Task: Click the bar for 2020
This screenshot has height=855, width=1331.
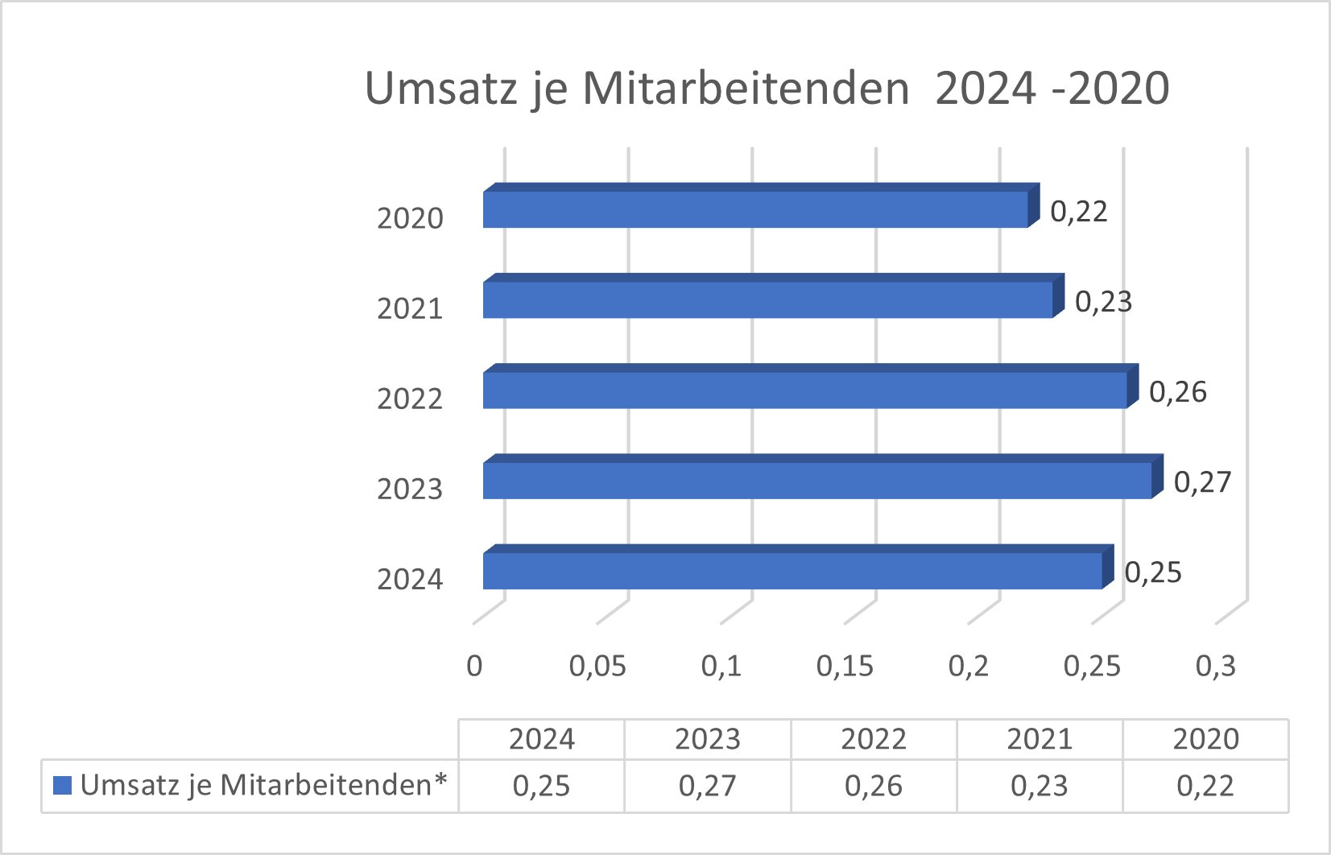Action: (755, 209)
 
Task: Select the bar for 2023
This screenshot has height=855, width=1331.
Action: (817, 481)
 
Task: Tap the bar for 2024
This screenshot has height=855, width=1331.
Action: (792, 571)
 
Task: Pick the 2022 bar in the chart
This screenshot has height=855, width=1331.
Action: (804, 390)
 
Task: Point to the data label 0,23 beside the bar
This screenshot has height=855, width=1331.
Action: (1103, 302)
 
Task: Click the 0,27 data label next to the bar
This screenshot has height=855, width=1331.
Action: (1202, 482)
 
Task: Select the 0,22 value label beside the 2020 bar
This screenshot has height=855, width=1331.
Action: (1079, 212)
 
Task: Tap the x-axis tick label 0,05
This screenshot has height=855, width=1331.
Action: (597, 666)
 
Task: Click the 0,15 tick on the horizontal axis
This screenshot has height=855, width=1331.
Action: (845, 666)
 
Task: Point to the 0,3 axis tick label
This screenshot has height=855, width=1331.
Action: (1215, 666)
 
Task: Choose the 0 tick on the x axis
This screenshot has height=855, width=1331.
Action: (474, 666)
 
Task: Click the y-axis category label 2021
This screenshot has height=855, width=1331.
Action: (410, 308)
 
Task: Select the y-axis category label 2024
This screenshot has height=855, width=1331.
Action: (410, 579)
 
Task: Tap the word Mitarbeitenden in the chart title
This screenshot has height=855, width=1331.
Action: (746, 88)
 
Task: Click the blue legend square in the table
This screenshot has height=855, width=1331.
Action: (62, 785)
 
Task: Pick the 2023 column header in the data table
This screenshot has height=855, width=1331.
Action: (707, 739)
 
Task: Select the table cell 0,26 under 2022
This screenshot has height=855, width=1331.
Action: (873, 786)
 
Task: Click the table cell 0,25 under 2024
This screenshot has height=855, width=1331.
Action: (541, 786)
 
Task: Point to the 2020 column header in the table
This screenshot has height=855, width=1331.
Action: (1205, 739)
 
